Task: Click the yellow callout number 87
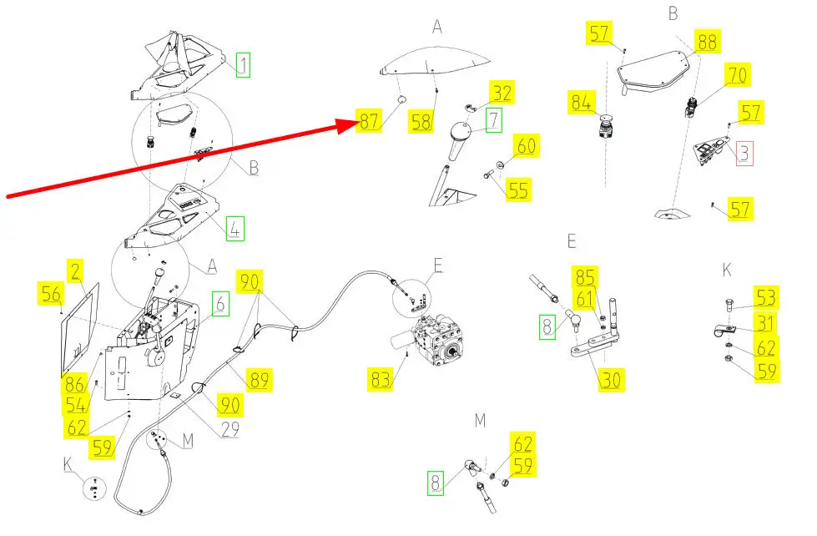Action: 370,122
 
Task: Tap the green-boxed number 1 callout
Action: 243,64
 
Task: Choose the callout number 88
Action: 707,42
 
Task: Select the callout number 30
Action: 611,379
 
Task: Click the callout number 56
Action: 52,294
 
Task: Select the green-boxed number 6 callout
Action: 219,304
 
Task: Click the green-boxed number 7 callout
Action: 494,120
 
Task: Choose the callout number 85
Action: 585,276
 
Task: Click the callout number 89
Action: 260,380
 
